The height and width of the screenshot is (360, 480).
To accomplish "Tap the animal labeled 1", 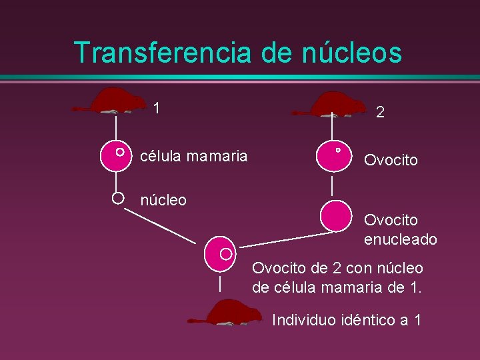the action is point(116,101).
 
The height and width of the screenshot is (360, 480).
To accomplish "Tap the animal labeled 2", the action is point(333,105).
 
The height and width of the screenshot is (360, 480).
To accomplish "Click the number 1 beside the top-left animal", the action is point(156,108).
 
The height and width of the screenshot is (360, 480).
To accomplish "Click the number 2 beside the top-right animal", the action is point(380,113).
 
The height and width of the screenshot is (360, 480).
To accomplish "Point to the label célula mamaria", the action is point(193,156).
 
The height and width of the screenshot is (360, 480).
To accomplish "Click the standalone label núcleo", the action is point(163,199).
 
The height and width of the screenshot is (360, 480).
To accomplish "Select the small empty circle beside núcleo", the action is point(117,197).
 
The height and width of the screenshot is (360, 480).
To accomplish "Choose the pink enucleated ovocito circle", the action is point(335,215).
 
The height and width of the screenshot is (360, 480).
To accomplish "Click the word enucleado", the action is point(401,239).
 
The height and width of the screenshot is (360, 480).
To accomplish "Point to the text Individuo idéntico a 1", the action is point(347,320).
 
